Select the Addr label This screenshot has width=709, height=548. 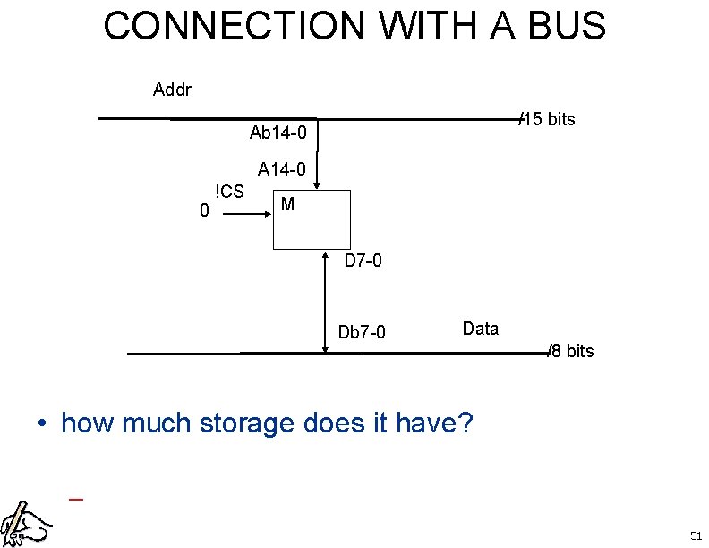point(172,90)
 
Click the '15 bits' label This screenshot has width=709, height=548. point(549,119)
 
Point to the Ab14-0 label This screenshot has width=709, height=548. point(278,133)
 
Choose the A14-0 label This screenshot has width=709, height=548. point(282,168)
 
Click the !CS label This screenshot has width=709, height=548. point(229,191)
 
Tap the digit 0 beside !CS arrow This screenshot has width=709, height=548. point(205,211)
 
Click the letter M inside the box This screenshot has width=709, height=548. point(287,204)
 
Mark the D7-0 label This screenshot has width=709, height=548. point(363,262)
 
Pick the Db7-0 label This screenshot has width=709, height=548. point(362,333)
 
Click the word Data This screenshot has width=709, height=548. point(481,329)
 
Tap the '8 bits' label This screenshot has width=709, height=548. point(572,351)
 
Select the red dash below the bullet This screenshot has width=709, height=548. point(76,499)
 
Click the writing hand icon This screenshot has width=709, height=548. point(25,521)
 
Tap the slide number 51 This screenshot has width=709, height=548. point(696,535)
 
